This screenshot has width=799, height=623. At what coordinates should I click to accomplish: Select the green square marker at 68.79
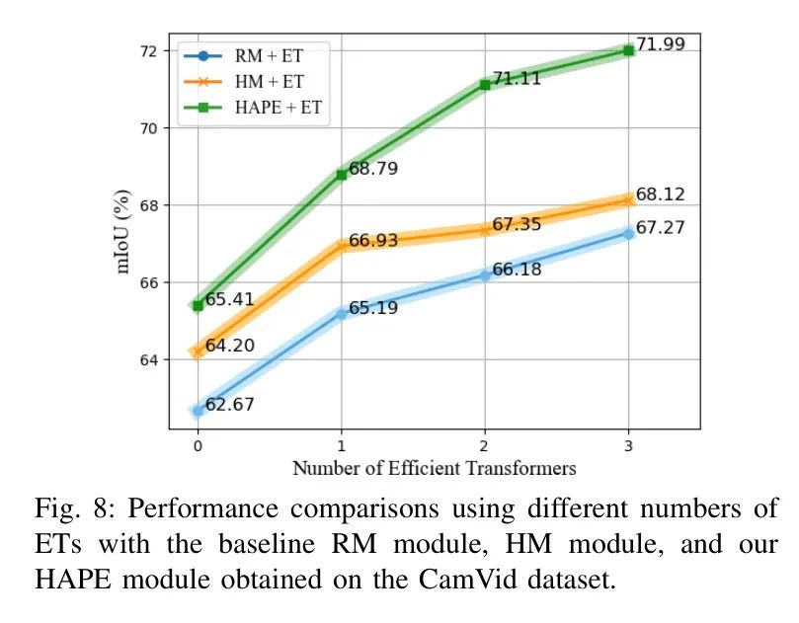click(x=342, y=174)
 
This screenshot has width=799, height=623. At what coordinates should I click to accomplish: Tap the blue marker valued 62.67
click(x=198, y=410)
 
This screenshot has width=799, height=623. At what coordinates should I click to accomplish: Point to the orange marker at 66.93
click(x=342, y=246)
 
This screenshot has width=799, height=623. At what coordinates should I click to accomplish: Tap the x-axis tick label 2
click(x=485, y=446)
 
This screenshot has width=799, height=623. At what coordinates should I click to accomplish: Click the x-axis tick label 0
click(x=198, y=446)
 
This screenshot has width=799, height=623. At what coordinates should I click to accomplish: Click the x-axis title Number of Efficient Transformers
click(x=434, y=468)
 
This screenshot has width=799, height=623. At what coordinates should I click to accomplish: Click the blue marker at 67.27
click(x=629, y=233)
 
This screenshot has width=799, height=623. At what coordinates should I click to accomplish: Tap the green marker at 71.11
click(x=485, y=84)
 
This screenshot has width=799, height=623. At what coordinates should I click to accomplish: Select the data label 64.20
click(x=230, y=346)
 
